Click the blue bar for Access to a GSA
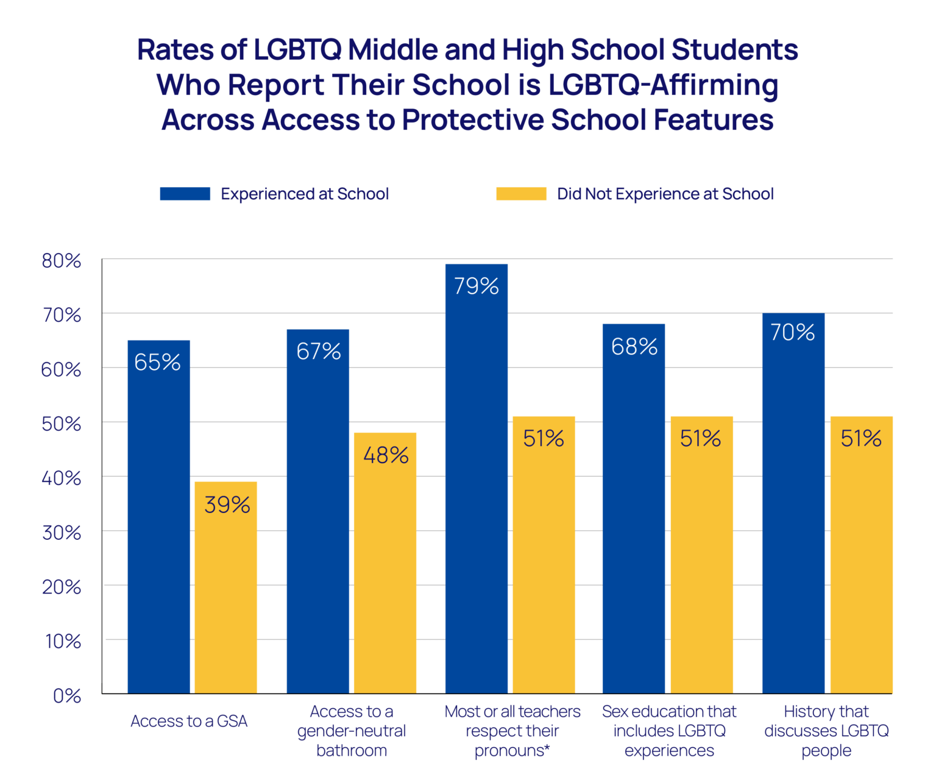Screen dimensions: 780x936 click(x=158, y=518)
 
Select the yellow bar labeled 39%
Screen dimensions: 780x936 click(x=225, y=588)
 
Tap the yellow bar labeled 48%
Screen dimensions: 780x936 click(x=385, y=564)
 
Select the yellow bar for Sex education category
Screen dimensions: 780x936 click(x=701, y=555)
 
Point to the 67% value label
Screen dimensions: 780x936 click(x=318, y=352)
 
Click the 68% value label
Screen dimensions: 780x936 click(x=634, y=347)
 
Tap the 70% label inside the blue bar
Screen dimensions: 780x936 click(x=792, y=332)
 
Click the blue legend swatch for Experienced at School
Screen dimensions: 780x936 click(x=185, y=194)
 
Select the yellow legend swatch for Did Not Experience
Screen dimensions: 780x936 click(x=521, y=194)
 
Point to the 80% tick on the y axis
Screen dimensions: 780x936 click(x=61, y=261)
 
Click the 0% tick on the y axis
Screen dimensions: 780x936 click(x=66, y=695)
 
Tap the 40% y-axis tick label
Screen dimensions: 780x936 click(x=61, y=478)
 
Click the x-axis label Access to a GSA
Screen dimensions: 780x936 click(x=189, y=721)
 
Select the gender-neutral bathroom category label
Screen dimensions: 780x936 click(x=352, y=731)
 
